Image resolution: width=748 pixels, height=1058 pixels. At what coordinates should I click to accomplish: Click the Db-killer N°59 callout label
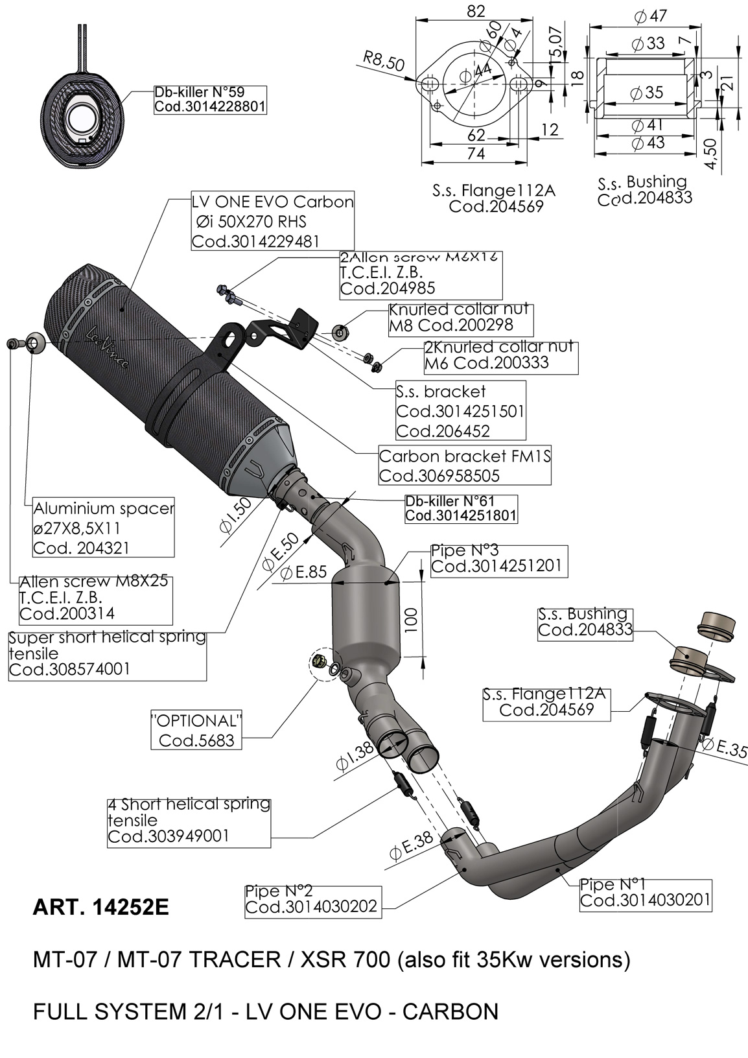point(209,99)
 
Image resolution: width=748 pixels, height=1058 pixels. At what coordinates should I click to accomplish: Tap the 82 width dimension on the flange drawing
point(476,11)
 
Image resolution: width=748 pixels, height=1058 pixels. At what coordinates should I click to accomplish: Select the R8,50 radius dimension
point(384,62)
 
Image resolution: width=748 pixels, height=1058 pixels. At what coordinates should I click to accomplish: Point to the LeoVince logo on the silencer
point(108,347)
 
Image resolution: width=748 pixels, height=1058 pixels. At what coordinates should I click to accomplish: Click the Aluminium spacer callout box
point(103,528)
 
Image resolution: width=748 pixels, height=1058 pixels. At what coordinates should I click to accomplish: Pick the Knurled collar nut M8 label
point(460,318)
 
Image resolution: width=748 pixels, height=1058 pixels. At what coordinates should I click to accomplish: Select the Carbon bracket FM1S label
point(464,466)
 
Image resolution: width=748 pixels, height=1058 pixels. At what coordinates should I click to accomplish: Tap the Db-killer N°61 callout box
point(460,508)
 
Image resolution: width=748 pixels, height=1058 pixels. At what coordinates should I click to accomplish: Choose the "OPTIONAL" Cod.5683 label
point(196,730)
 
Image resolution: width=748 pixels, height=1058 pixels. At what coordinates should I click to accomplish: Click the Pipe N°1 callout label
point(645,893)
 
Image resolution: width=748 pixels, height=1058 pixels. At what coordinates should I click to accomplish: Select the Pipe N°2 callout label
point(310,899)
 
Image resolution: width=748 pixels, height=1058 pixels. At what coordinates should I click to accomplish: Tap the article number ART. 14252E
point(100,907)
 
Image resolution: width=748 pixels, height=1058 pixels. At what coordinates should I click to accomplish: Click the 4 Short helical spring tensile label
point(188,821)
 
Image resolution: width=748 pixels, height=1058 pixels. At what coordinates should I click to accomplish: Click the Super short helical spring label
point(107,653)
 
